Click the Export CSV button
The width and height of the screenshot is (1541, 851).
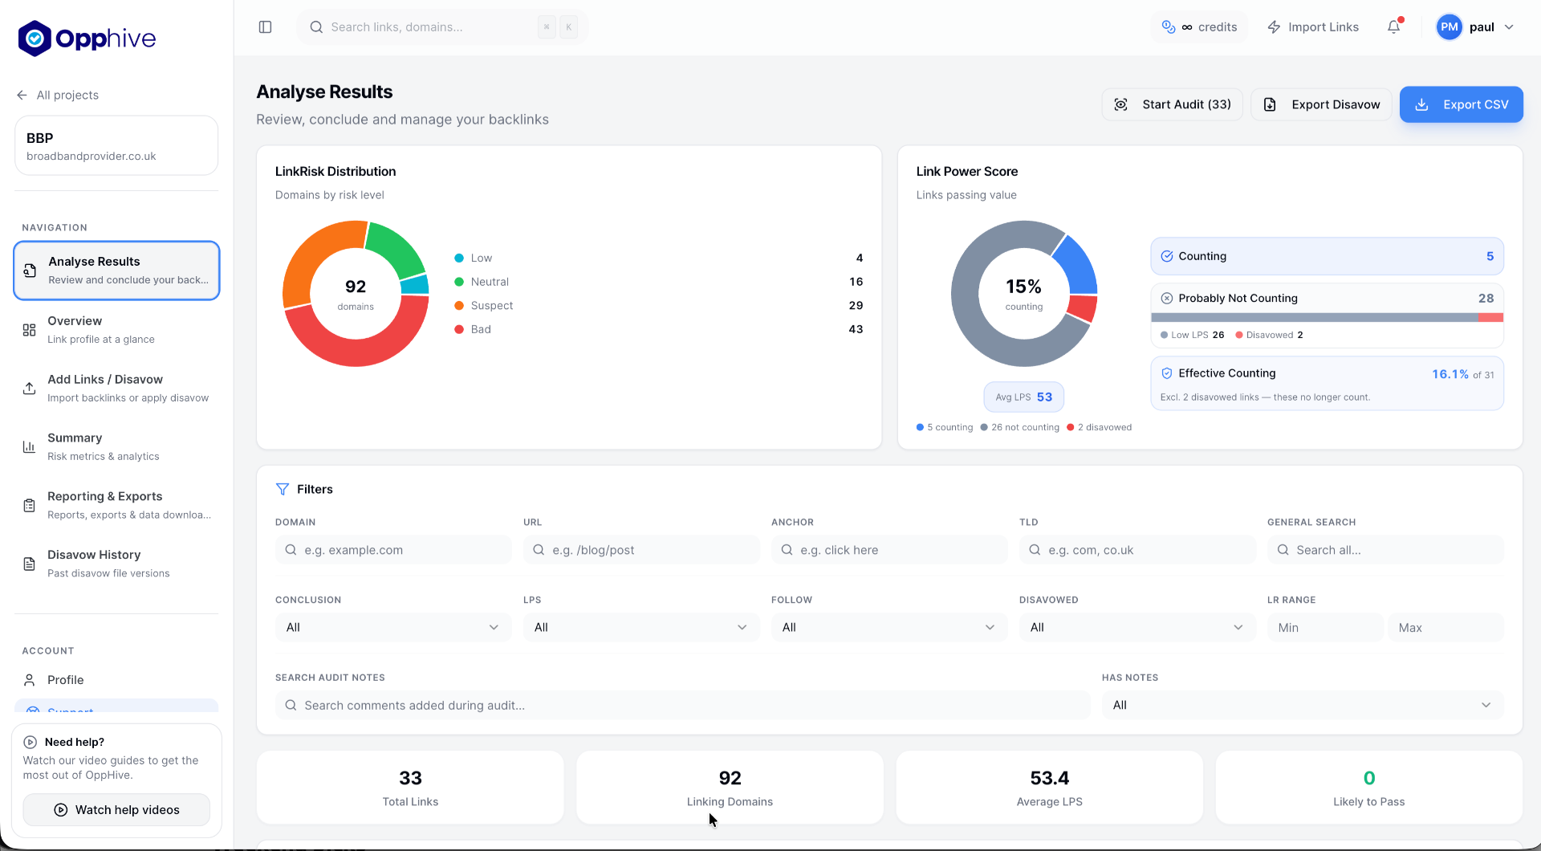pyautogui.click(x=1461, y=104)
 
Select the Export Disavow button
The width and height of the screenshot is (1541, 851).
pyautogui.click(x=1321, y=104)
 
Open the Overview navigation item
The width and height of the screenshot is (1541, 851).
pyautogui.click(x=116, y=329)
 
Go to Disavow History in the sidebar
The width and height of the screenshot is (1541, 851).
pyautogui.click(x=116, y=564)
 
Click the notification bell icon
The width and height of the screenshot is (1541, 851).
pyautogui.click(x=1394, y=27)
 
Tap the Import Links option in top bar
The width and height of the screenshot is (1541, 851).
pyautogui.click(x=1313, y=27)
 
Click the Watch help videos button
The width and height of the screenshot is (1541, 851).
pyautogui.click(x=116, y=810)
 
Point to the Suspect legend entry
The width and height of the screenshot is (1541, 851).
pyautogui.click(x=484, y=306)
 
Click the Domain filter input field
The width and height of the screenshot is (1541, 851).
pyautogui.click(x=393, y=550)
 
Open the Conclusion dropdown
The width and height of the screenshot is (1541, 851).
pyautogui.click(x=393, y=628)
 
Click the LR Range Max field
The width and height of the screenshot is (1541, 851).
pyautogui.click(x=1445, y=628)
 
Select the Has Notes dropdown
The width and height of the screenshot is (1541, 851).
pyautogui.click(x=1303, y=706)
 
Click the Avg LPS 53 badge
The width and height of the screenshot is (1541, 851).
pyautogui.click(x=1024, y=397)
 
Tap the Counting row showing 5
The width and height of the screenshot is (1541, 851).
pyautogui.click(x=1328, y=257)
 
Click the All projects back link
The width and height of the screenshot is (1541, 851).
pyautogui.click(x=58, y=96)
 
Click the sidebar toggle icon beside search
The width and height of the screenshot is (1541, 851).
pyautogui.click(x=266, y=27)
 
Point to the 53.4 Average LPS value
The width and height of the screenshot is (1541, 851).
pyautogui.click(x=1050, y=778)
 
